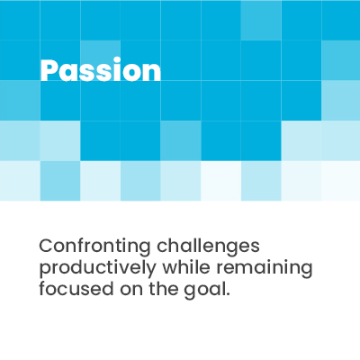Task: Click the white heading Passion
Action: click(101, 70)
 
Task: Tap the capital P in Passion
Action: click(49, 70)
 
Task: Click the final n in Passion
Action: click(152, 73)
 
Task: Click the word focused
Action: click(76, 289)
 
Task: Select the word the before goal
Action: click(163, 289)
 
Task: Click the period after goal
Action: click(228, 294)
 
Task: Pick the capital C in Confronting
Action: click(47, 247)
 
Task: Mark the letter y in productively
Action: click(150, 271)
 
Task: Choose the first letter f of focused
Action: click(42, 288)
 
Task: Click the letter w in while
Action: click(172, 269)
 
